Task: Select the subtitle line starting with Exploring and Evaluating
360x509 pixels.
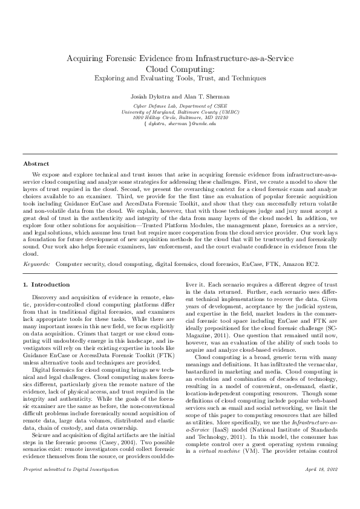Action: (x=180, y=78)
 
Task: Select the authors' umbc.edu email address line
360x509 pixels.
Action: (x=180, y=123)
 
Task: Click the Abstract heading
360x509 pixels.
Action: (x=36, y=164)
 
